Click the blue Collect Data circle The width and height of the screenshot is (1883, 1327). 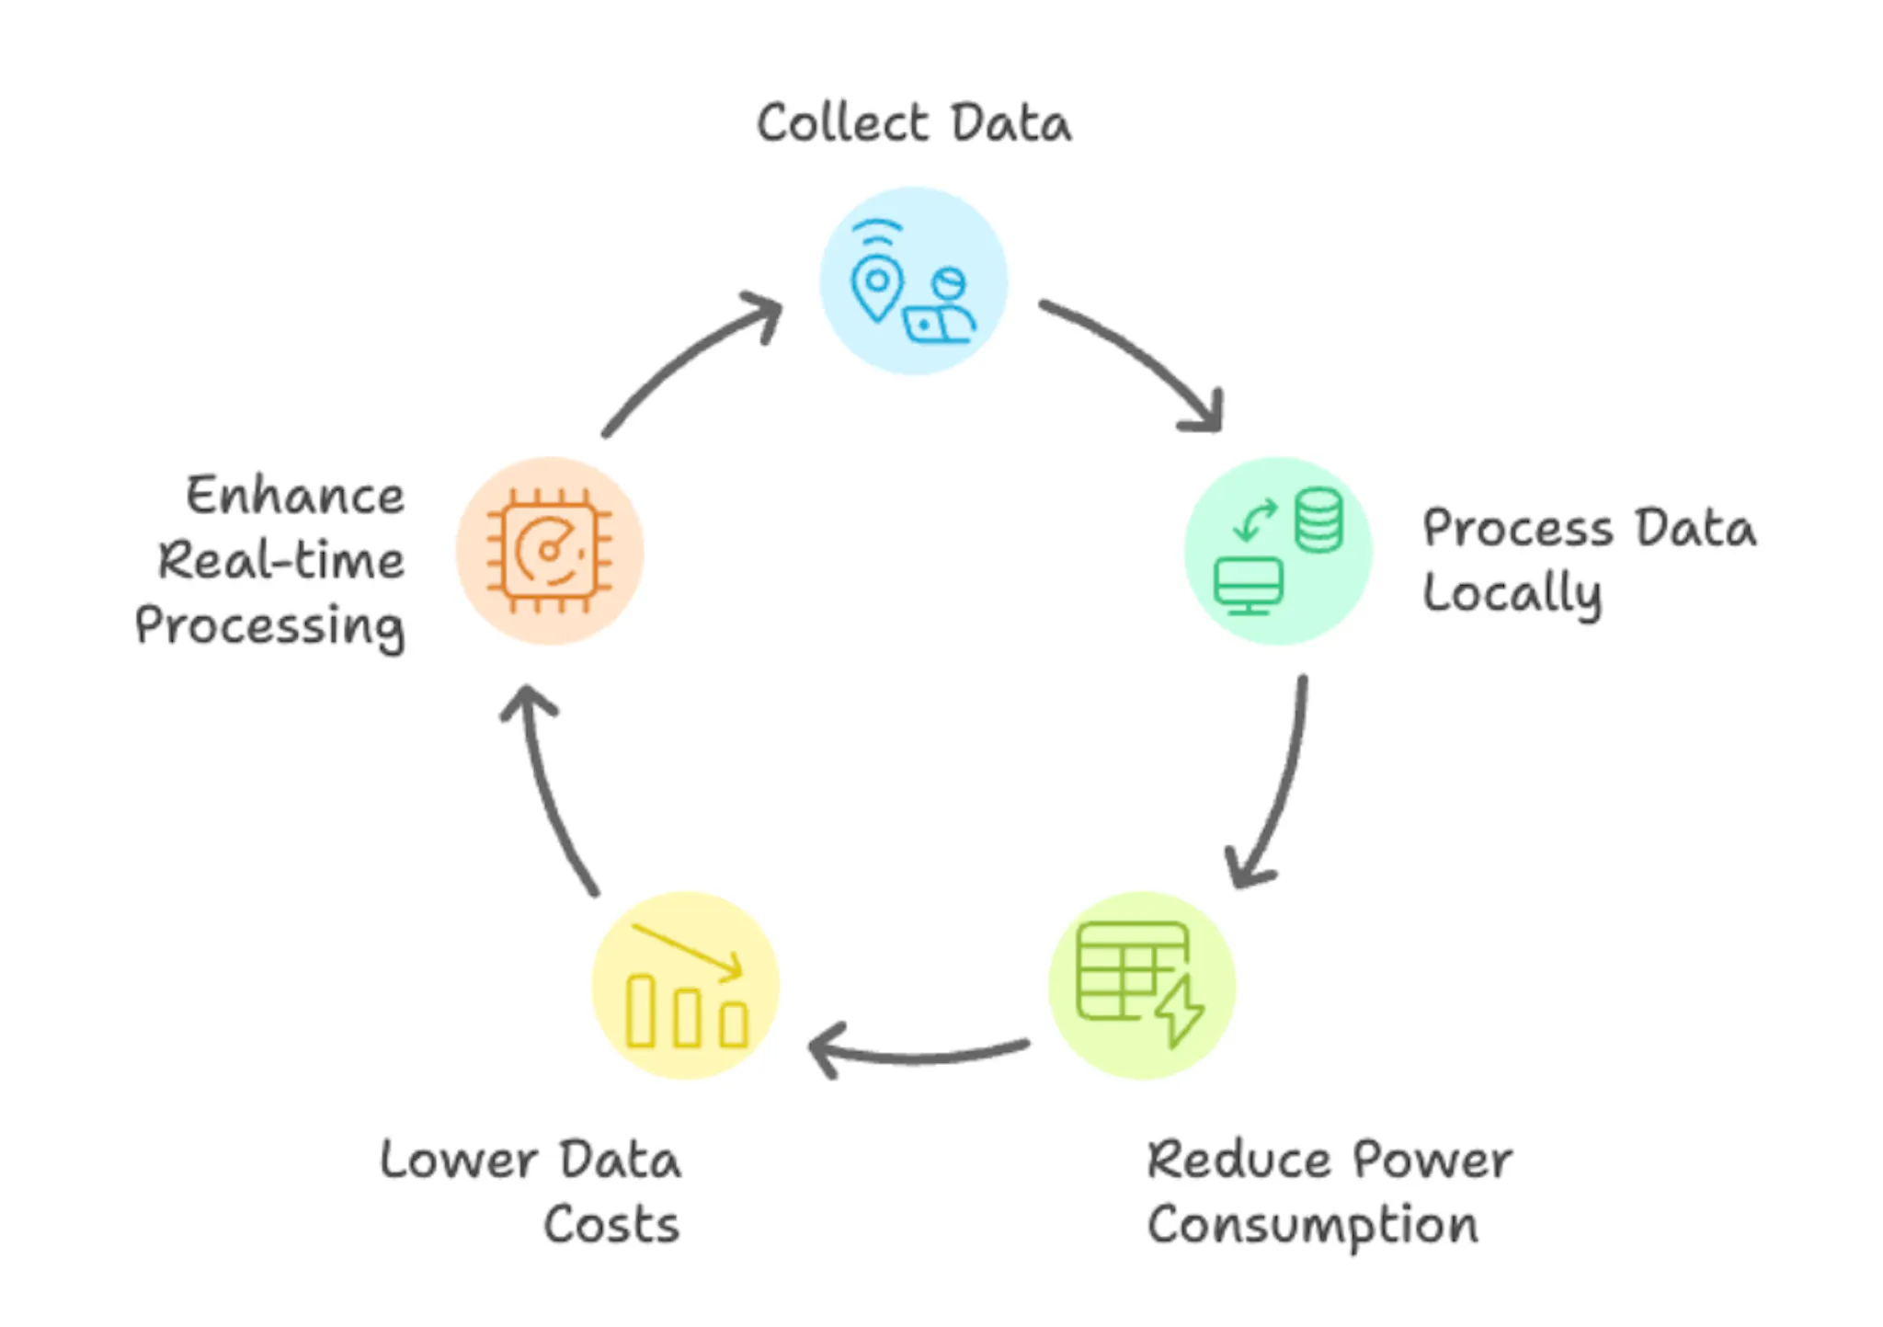click(913, 280)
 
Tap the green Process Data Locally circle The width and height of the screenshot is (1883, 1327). click(1278, 551)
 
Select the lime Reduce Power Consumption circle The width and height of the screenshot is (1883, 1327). click(1142, 985)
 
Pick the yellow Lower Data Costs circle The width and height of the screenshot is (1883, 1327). click(685, 985)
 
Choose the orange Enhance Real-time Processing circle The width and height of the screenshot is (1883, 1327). click(549, 551)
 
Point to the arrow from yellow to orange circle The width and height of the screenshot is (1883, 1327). click(542, 791)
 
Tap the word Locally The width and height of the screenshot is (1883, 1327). click(1512, 594)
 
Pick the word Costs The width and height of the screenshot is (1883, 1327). click(611, 1225)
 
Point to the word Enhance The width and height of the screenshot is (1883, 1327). click(295, 496)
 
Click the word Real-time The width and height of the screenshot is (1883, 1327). click(281, 560)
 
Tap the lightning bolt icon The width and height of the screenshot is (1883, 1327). click(1180, 1012)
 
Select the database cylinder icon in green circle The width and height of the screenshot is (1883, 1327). click(1318, 520)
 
